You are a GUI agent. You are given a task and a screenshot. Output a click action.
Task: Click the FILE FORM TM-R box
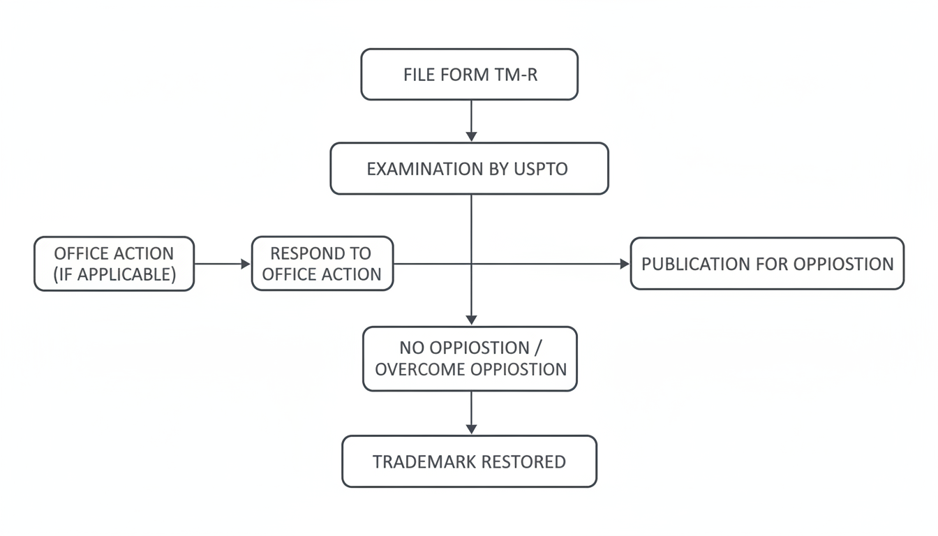[470, 75]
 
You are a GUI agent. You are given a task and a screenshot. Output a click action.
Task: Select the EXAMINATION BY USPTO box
[470, 168]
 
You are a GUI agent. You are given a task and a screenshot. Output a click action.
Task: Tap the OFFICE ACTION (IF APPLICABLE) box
[114, 264]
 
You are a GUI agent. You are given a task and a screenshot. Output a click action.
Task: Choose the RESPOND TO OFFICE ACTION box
[322, 264]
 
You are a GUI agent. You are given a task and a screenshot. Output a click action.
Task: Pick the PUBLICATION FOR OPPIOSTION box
[767, 264]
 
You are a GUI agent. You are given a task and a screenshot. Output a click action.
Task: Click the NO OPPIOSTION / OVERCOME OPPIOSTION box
[470, 358]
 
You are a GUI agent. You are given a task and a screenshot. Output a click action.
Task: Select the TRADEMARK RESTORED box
[470, 461]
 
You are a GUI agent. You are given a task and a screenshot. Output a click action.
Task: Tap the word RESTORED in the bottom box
[523, 462]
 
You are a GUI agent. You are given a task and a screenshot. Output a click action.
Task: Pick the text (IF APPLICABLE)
[114, 274]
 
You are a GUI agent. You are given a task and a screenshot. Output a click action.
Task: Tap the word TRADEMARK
[424, 462]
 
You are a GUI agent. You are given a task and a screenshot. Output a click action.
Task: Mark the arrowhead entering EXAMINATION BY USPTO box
[471, 136]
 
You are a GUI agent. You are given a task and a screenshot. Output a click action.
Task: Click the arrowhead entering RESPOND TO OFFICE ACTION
[245, 264]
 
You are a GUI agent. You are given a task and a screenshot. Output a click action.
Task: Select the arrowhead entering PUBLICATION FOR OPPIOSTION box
[624, 264]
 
